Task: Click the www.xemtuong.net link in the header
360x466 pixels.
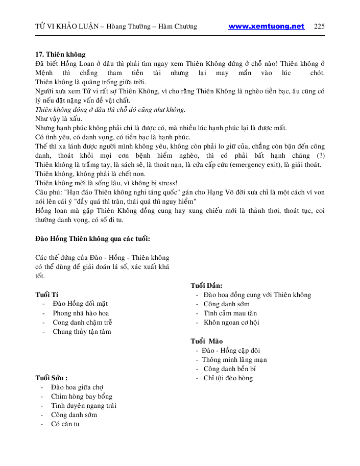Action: (266, 27)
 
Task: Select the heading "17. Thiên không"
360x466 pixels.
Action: (60, 54)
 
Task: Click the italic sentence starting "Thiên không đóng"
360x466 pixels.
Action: (110, 109)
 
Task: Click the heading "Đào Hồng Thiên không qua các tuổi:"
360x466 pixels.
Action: (92, 238)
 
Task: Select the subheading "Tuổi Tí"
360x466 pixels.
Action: (46, 295)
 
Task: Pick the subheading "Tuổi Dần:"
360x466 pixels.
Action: (206, 286)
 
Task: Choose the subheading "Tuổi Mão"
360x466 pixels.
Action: (206, 341)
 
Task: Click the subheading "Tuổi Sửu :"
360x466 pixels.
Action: (51, 378)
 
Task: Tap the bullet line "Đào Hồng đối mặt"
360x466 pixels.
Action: (80, 304)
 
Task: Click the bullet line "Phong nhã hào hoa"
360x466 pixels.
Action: (81, 313)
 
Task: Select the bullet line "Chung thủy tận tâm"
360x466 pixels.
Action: (82, 332)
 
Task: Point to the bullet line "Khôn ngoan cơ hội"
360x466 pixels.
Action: (231, 323)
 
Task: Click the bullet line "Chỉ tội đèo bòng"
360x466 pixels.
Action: (228, 378)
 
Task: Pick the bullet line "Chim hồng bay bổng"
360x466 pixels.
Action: (82, 397)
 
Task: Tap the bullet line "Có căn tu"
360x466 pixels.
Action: (65, 424)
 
